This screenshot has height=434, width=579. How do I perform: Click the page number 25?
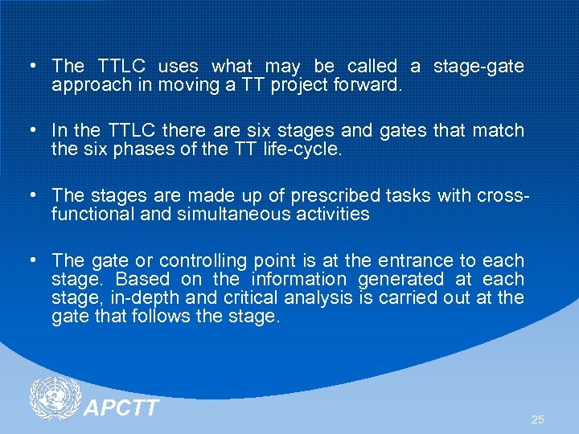pyautogui.click(x=538, y=420)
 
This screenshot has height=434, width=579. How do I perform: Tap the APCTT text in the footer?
pyautogui.click(x=121, y=408)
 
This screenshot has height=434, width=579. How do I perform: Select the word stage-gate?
pyautogui.click(x=478, y=66)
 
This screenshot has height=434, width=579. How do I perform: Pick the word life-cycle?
pyautogui.click(x=301, y=149)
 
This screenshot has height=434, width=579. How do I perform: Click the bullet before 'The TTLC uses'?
pyautogui.click(x=29, y=66)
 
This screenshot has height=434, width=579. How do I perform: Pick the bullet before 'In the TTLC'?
pyautogui.click(x=29, y=130)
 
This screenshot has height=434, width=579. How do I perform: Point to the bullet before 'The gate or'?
pyautogui.click(x=29, y=260)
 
